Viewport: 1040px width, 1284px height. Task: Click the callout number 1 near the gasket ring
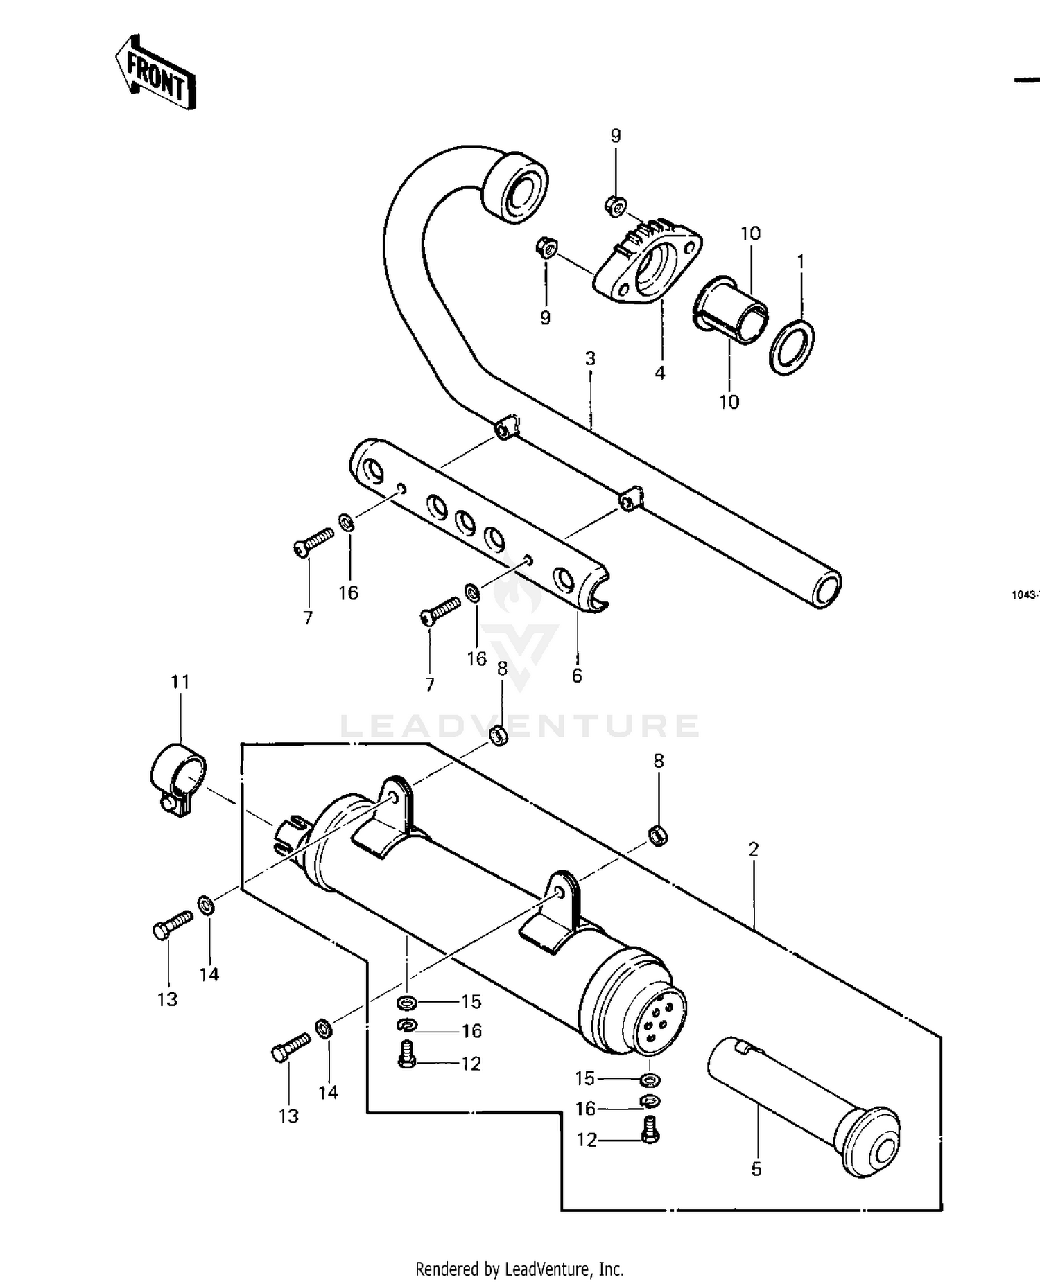coord(801,262)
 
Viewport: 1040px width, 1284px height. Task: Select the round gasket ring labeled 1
coord(792,346)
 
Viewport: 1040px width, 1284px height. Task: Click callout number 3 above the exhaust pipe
coord(590,358)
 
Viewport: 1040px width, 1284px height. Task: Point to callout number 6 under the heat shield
coord(577,675)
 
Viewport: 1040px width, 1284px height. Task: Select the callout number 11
coord(180,682)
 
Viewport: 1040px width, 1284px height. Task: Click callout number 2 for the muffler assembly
coord(754,849)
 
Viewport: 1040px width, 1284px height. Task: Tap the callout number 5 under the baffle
coord(756,1169)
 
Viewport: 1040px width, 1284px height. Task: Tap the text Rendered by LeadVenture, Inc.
coord(519,1269)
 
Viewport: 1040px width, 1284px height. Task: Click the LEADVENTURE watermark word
coord(520,725)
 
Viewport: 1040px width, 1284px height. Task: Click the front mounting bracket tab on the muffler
coord(397,804)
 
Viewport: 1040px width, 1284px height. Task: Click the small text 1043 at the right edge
coord(1024,595)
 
